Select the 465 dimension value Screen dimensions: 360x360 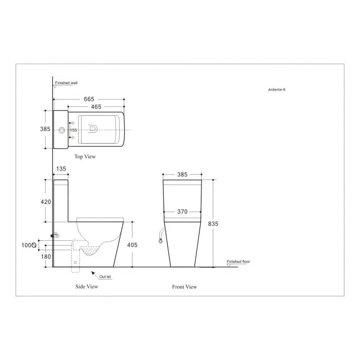coord(95,107)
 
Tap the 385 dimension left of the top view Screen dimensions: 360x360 coord(45,129)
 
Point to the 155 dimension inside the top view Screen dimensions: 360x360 coord(73,130)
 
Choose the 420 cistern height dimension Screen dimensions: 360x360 coord(45,202)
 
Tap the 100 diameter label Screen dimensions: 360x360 coord(28,245)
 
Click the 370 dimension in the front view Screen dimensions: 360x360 coord(182,211)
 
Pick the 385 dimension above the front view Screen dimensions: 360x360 coord(182,175)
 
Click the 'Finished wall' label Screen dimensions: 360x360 coord(66,83)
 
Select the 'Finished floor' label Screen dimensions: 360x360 coord(238,261)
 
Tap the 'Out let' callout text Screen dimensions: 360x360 coord(106,277)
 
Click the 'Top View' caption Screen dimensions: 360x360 coord(85,157)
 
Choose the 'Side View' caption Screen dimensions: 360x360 coord(86,286)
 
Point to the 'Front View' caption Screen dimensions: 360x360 coord(184,287)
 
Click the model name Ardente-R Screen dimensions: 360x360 coord(277,90)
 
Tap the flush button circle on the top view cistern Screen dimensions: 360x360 coord(61,130)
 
